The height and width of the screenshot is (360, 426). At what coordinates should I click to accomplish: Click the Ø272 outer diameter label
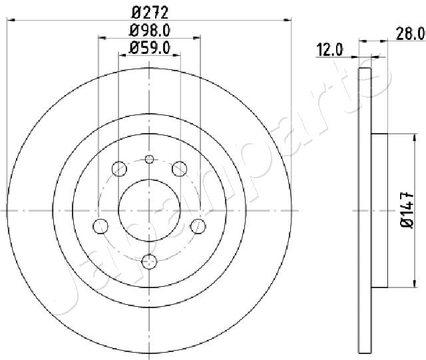point(150,13)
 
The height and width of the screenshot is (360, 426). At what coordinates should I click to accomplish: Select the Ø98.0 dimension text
point(150,31)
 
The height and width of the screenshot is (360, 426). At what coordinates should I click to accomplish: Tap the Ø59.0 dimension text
point(150,48)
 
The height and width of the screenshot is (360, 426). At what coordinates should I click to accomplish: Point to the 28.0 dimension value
point(410,34)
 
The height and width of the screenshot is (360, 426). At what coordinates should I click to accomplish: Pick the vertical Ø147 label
point(407,210)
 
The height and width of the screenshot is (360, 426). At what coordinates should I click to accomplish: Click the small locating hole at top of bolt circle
point(149,159)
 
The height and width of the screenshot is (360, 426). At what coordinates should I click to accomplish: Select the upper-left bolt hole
point(119,168)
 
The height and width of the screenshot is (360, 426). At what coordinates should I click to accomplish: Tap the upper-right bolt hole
point(180,168)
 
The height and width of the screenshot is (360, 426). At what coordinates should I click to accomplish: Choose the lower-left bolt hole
point(101,226)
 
